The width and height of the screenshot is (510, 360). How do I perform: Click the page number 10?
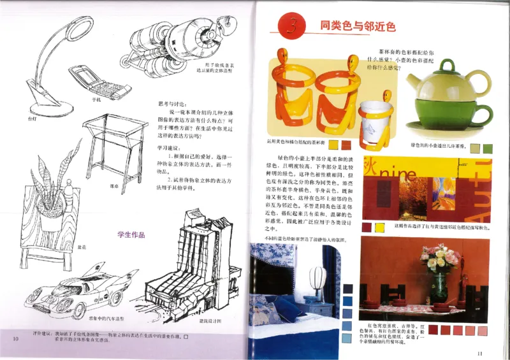click(x=15, y=338)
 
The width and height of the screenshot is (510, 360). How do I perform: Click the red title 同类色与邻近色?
click(x=358, y=27)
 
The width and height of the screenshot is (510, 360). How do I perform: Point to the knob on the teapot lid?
click(x=448, y=64)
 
